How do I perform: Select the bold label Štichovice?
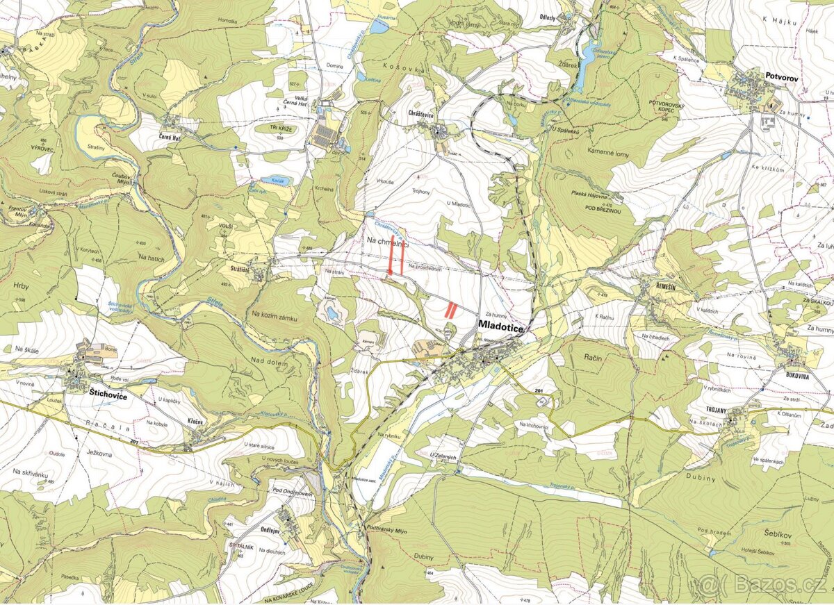click(108, 392)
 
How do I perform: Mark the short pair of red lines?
click(450, 309)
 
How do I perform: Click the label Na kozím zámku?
click(275, 317)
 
